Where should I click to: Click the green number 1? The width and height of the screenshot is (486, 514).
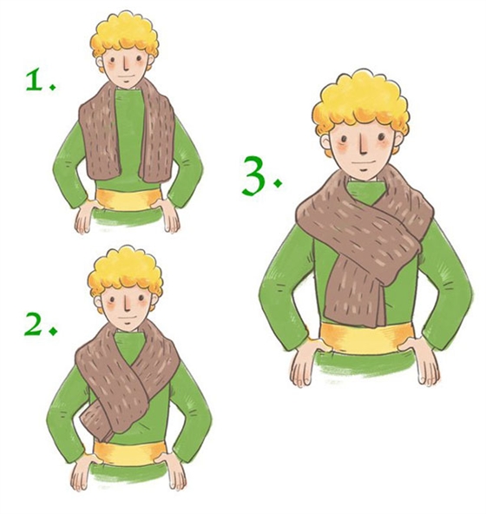coord(35,80)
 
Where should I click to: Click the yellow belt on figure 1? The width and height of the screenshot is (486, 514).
coord(128,200)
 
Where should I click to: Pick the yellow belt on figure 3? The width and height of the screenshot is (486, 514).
coord(366,339)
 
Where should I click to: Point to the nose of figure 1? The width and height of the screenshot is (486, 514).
coord(126,65)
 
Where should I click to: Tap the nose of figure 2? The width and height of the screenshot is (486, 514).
coord(127,305)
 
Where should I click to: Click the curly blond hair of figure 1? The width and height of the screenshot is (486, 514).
coord(125,36)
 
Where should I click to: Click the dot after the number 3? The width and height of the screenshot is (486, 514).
coord(278,183)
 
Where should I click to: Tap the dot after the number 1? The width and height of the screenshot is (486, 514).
coord(52,87)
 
